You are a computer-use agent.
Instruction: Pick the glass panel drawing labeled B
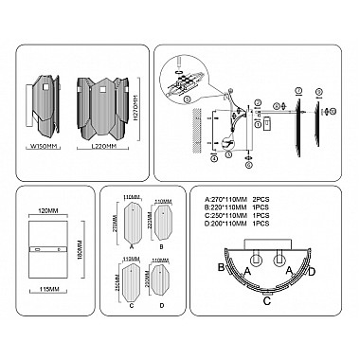163,225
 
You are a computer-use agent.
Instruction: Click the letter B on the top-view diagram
221,269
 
